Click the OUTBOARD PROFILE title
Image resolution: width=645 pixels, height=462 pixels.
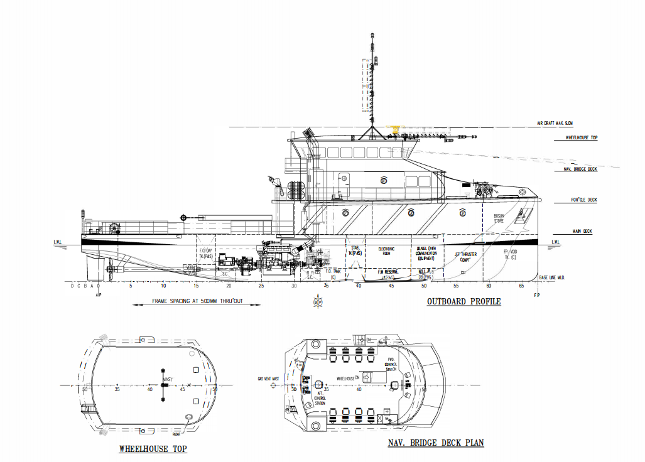pyautogui.click(x=463, y=301)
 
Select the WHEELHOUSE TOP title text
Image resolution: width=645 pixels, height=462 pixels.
pyautogui.click(x=153, y=449)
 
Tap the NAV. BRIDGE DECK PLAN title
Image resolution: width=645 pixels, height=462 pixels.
pyautogui.click(x=435, y=443)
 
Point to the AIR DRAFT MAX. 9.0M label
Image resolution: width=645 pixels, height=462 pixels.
pyautogui.click(x=555, y=124)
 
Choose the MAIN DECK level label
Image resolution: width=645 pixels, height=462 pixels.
pyautogui.click(x=582, y=232)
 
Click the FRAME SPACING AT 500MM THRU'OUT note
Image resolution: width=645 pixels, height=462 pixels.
pyautogui.click(x=197, y=301)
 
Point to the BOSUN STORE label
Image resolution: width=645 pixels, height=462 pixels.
pyautogui.click(x=499, y=218)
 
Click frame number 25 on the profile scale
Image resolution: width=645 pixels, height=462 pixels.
pyautogui.click(x=261, y=286)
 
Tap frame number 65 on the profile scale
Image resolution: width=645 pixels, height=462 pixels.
pyautogui.click(x=521, y=286)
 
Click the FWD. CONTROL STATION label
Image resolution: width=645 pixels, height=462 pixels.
pyautogui.click(x=391, y=365)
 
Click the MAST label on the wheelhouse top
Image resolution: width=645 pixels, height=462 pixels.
pyautogui.click(x=168, y=380)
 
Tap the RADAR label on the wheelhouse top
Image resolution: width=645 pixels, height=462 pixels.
pyautogui.click(x=176, y=433)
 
